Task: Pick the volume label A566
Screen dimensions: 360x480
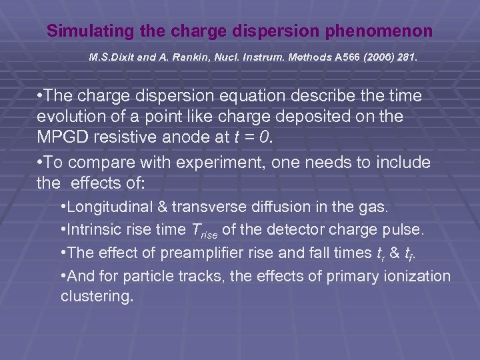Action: (348, 58)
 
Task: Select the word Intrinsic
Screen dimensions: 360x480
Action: (93, 230)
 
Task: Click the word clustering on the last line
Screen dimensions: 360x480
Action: (96, 296)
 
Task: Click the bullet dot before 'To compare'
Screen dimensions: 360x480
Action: (41, 163)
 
